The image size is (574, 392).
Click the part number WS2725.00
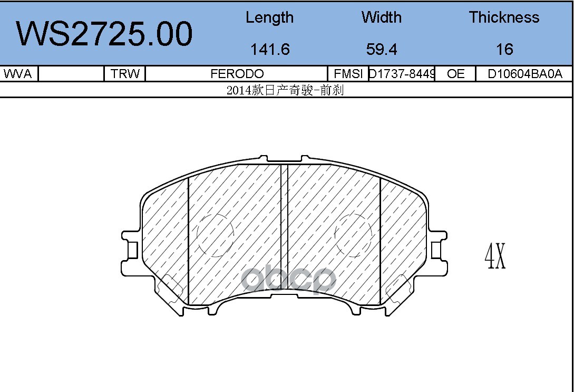point(104,34)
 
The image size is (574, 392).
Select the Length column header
point(269,17)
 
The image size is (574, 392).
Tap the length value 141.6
point(270,49)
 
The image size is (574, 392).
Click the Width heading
point(382,17)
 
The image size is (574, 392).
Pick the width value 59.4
point(382,49)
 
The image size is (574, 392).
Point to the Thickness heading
point(504,17)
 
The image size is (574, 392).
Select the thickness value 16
point(504,49)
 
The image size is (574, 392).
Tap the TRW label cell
point(125,74)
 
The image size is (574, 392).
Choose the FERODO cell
point(237,74)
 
